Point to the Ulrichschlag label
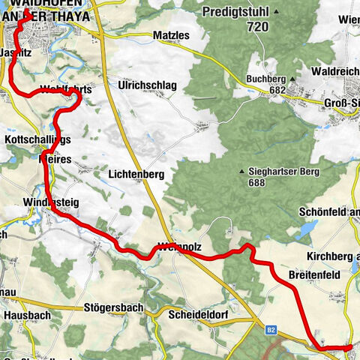pyautogui.click(x=147, y=85)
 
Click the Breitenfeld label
pyautogui.click(x=315, y=275)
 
